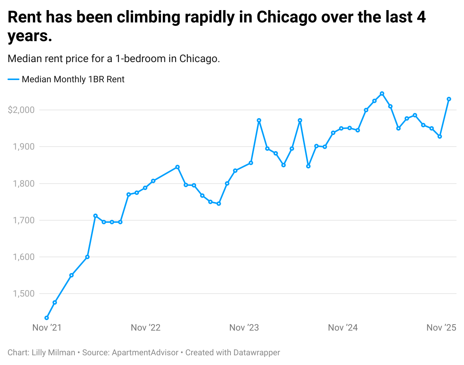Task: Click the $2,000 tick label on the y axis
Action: [x=21, y=110]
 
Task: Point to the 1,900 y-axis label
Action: [x=24, y=147]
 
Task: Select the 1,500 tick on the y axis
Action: [x=24, y=294]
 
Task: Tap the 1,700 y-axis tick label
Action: [x=24, y=220]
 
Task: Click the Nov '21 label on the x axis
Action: [x=47, y=328]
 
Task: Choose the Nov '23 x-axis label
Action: [x=244, y=328]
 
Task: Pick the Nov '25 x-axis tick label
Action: [x=441, y=328]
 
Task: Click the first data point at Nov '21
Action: [x=47, y=318]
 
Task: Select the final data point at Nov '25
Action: [x=449, y=99]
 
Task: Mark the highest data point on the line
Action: [x=382, y=93]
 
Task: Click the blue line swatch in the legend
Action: [x=13, y=79]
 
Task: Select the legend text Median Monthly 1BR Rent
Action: [x=73, y=79]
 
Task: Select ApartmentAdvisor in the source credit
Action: [x=145, y=353]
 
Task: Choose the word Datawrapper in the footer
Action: [x=257, y=353]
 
